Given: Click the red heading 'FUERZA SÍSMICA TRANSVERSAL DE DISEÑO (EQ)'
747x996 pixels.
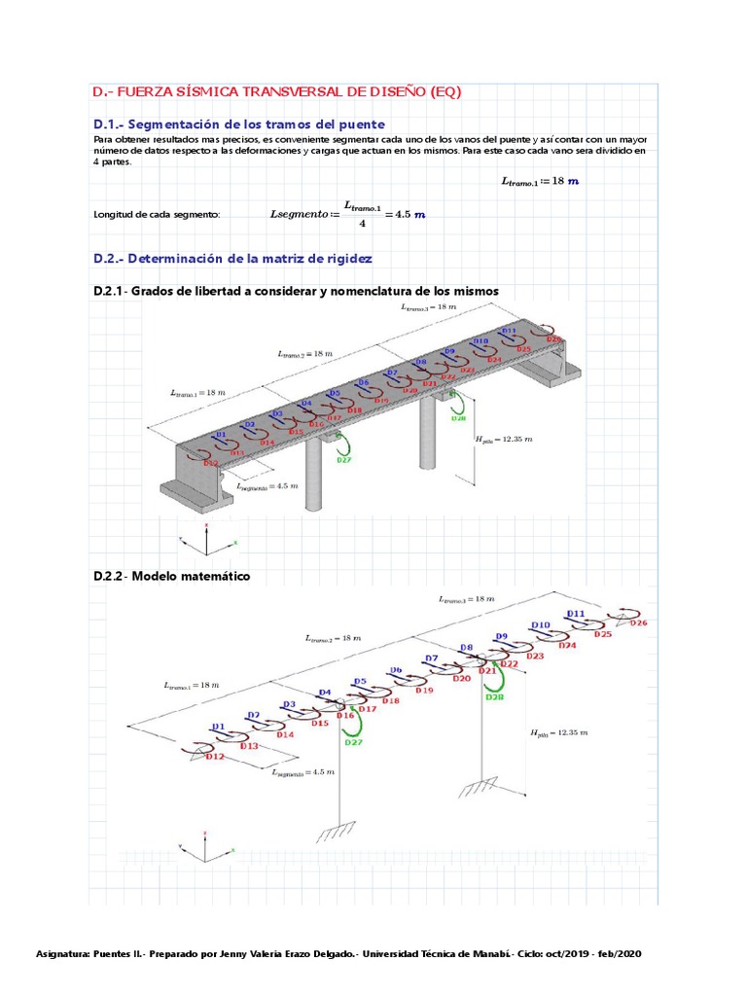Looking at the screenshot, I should tap(288, 92).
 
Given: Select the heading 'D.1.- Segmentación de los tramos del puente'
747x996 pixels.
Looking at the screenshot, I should tap(238, 124).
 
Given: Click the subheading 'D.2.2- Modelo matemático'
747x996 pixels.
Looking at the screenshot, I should tap(171, 576).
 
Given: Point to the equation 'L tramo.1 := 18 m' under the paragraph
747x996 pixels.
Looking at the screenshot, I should tap(540, 181).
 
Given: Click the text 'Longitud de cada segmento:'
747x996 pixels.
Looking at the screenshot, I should tap(157, 215).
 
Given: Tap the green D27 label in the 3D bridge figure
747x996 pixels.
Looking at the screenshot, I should tap(344, 460).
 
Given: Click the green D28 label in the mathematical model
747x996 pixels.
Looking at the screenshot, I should tap(494, 696).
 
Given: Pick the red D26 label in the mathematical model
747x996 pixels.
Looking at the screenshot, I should tap(638, 622).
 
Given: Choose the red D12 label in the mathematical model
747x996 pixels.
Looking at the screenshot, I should tap(215, 756).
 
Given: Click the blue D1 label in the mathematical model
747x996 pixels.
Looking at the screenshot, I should tap(218, 727).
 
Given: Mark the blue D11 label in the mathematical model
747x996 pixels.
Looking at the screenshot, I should tap(576, 614).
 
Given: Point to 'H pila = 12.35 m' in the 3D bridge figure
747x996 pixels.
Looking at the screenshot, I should tap(503, 440).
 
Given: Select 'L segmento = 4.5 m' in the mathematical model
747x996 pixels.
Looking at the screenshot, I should tap(303, 771).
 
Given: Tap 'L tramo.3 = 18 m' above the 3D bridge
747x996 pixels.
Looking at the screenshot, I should tap(429, 306).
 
